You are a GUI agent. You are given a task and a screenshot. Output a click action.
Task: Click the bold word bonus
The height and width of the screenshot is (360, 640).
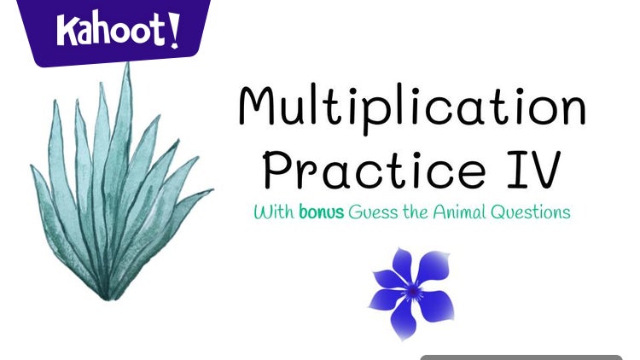[321, 212]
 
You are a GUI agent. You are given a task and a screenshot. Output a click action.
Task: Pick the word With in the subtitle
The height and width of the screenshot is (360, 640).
[272, 212]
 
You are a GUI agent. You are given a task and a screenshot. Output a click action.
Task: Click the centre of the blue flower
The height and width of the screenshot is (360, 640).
[413, 290]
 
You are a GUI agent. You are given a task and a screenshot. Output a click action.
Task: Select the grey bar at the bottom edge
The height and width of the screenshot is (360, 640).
[521, 357]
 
